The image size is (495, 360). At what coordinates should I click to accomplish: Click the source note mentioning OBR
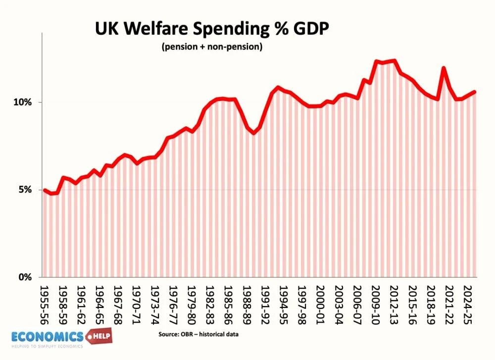198,335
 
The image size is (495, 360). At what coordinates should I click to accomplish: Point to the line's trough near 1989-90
254,133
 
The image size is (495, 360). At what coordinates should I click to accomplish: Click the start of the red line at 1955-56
45,190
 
